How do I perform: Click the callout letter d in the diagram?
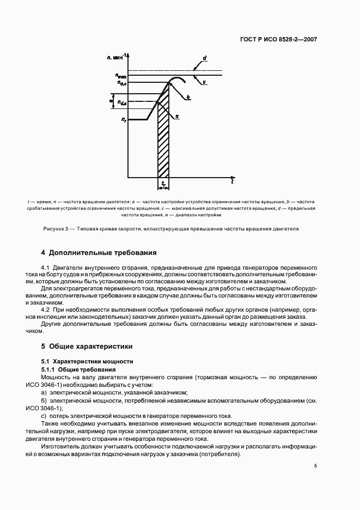point(204,58)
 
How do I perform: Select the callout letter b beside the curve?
point(188,98)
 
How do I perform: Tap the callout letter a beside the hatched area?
point(178,116)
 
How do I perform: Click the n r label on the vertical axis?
point(124,119)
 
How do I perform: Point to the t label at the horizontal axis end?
point(232,179)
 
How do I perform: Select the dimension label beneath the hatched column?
point(163,185)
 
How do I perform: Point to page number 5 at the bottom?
point(315,466)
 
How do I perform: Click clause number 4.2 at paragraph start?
point(46,309)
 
